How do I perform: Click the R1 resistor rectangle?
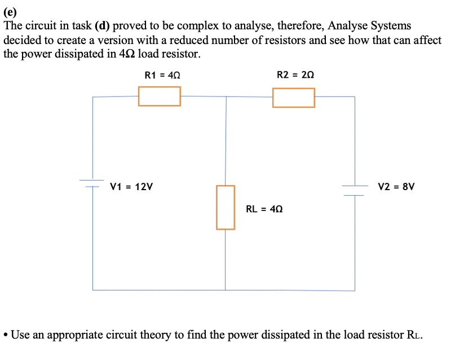pos(160,96)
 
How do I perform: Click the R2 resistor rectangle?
pos(293,98)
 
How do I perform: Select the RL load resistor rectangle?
pos(225,207)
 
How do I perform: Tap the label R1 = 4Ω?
pos(162,74)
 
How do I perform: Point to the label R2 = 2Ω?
pos(295,74)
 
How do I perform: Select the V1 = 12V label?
pos(134,186)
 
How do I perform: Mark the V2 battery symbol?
pos(355,190)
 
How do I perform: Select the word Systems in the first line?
pos(390,26)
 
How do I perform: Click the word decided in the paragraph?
pos(22,41)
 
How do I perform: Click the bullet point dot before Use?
pos(6,335)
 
